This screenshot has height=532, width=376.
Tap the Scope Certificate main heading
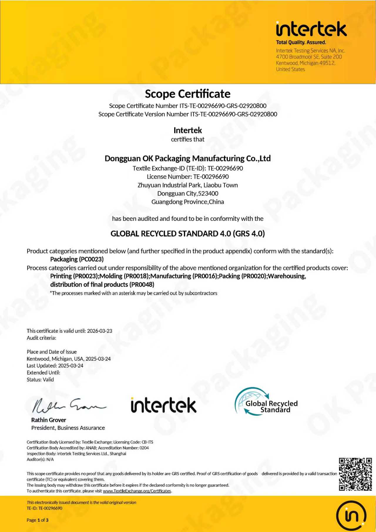point(188,94)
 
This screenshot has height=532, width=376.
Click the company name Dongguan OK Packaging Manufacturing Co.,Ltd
point(188,158)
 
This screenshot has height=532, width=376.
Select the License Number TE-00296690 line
point(188,177)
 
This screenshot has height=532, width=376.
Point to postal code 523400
point(208,193)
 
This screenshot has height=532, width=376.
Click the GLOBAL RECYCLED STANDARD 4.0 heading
point(188,234)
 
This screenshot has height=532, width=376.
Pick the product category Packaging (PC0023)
point(77,259)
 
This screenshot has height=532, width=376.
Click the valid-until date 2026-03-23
point(100,331)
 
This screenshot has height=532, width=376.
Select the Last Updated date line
point(55,366)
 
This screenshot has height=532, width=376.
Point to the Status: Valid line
point(40,379)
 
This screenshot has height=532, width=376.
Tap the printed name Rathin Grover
point(49,420)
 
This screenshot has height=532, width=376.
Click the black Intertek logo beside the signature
point(164,405)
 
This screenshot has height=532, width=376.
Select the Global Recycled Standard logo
point(266,401)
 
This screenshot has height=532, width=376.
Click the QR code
point(355,474)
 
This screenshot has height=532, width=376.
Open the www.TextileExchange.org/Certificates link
point(137,491)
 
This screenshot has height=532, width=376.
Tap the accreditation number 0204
point(144,448)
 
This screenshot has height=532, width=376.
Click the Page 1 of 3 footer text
point(38,520)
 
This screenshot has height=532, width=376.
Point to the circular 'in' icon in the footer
point(351,516)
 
